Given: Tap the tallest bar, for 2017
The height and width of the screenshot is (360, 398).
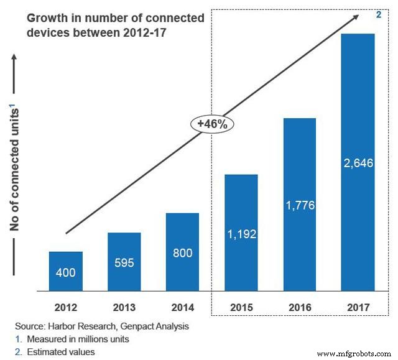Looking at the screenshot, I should click(358, 162).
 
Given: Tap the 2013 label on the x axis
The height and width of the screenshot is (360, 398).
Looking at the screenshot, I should click(124, 307).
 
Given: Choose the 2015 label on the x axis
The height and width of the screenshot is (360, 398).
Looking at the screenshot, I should click(241, 307).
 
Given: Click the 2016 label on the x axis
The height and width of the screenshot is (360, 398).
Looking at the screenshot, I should click(300, 307).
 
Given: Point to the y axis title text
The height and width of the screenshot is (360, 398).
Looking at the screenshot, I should click(16, 168).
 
